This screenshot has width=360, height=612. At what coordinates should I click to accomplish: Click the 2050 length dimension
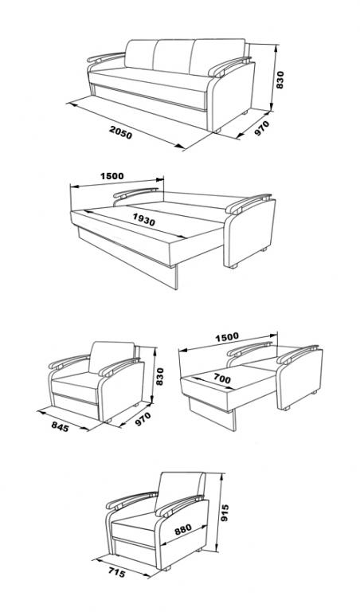pos(120,133)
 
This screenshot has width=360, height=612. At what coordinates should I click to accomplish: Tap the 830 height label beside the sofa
pos(280,80)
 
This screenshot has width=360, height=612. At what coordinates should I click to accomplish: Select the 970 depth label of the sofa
pos(262,128)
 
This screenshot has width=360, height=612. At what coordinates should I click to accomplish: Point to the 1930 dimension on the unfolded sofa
pos(144,219)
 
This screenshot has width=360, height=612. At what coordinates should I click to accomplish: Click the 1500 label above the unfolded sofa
pos(112,176)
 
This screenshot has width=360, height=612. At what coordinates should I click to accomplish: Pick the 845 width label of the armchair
pos(60,427)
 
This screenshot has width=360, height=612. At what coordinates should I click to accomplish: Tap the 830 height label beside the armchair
pos(159,376)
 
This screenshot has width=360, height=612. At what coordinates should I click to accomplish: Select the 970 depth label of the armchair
pos(143,420)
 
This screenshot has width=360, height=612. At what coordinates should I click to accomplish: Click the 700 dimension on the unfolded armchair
pos(222,378)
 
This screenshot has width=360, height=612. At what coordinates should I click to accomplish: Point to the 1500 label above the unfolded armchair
pos(227,336)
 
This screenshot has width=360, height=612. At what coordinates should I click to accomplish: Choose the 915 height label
pos(225,513)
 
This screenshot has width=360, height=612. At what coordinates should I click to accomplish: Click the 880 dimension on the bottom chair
pos(183,529)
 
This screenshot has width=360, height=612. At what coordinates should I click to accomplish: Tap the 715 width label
pos(116,573)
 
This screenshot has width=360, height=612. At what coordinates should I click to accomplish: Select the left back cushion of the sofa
pos(140,54)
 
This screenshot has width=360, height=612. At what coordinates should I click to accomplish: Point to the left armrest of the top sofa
pos(105,57)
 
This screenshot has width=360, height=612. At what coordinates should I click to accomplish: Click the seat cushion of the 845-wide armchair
pos(76,383)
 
